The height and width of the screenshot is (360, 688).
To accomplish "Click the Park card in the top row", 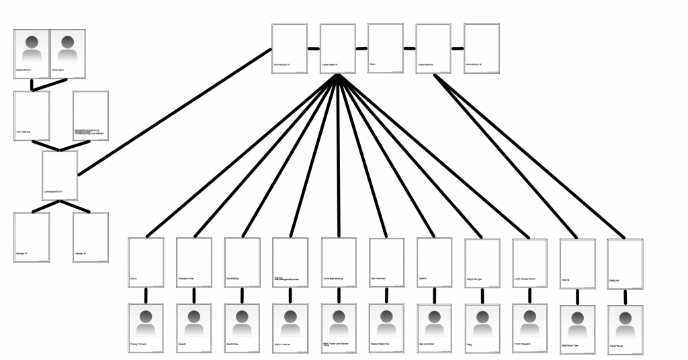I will (386, 48).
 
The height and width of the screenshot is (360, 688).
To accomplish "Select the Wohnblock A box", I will (290, 48).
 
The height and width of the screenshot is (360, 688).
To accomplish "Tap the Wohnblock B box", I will (481, 48).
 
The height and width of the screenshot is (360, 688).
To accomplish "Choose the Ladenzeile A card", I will (337, 48).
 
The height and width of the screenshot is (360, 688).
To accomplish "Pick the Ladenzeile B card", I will (433, 48).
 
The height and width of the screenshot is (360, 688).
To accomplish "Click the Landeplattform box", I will (60, 175).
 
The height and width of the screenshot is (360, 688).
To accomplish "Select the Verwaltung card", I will (32, 116).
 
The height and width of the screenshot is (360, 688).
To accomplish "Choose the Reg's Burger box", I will (482, 263).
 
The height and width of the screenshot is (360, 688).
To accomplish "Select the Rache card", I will (577, 263).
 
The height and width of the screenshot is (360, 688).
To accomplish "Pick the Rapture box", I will (625, 263).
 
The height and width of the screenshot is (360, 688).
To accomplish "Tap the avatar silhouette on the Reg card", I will (482, 322).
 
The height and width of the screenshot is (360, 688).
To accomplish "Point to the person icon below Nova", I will (146, 322).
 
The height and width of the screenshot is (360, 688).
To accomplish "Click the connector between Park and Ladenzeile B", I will (410, 48).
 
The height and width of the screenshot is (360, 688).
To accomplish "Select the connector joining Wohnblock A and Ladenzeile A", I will (314, 48).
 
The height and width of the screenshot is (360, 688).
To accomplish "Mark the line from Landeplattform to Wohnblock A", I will (175, 111).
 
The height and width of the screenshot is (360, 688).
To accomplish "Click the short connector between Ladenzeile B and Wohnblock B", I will (458, 48).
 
